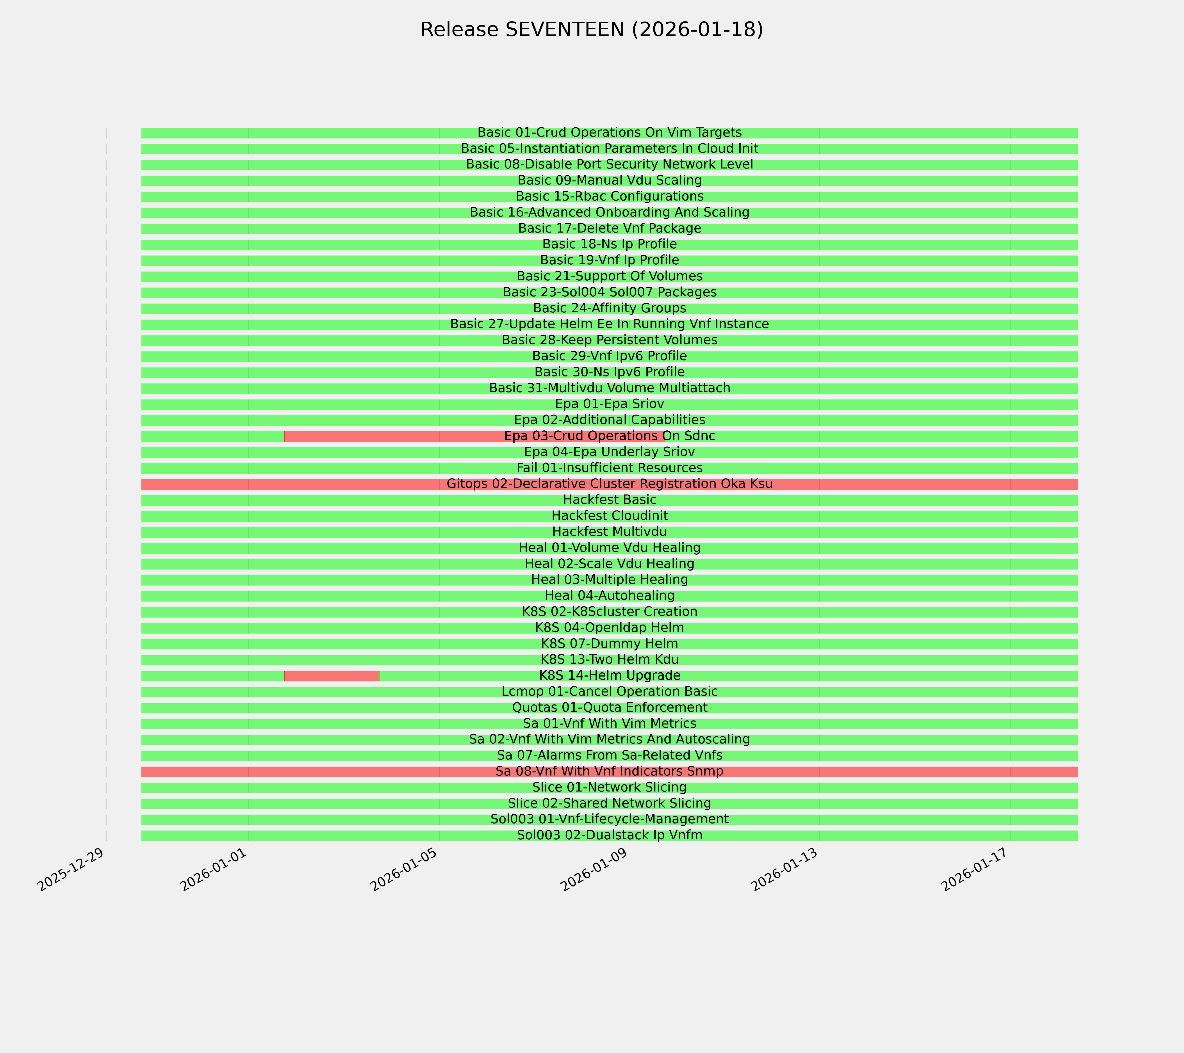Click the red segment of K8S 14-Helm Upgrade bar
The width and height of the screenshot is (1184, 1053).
click(x=332, y=676)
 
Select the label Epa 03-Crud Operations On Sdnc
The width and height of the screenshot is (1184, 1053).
click(x=609, y=436)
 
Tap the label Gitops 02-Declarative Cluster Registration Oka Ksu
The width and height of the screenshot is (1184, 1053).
click(x=609, y=484)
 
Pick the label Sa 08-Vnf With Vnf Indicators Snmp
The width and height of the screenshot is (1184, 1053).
click(x=609, y=771)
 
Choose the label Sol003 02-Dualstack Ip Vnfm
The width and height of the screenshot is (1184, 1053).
click(x=609, y=835)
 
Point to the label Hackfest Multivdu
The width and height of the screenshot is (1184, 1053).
click(x=609, y=531)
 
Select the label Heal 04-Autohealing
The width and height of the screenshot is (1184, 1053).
click(x=609, y=595)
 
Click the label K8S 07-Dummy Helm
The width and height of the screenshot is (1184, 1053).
click(x=609, y=643)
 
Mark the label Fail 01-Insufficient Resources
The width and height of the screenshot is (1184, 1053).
click(x=609, y=468)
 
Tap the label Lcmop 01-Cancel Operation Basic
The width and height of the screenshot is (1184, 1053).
click(x=609, y=691)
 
